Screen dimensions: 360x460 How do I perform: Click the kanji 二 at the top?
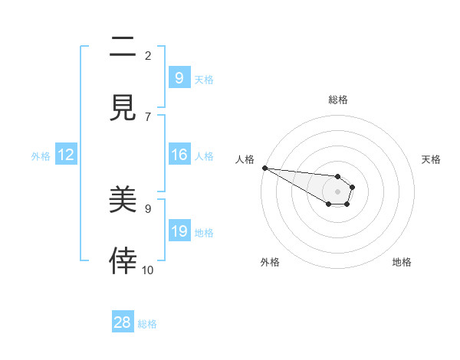point(123,48)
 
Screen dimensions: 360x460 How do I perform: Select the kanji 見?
point(123,107)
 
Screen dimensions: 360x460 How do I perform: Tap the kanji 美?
point(123,200)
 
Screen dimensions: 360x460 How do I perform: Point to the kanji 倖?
point(123,260)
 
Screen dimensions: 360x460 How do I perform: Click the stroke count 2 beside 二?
point(148,56)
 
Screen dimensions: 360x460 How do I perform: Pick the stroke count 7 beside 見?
point(148,116)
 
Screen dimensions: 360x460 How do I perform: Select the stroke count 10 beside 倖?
point(148,270)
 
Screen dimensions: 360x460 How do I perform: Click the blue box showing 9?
point(179,78)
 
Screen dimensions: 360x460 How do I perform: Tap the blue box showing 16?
point(179,155)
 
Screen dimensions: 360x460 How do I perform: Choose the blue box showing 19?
point(179,231)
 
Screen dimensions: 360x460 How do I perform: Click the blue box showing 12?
point(65,155)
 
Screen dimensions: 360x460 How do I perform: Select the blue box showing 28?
point(123,322)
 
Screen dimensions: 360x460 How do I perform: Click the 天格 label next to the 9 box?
point(204,80)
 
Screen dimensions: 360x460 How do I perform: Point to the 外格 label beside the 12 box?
point(41,156)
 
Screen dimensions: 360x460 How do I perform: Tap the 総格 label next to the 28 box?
point(147,324)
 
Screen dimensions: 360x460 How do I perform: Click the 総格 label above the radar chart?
point(338,100)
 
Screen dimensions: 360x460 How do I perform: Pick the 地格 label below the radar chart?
point(402,262)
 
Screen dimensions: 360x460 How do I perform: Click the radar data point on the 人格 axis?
point(264,167)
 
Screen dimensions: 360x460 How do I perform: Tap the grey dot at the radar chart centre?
point(337,191)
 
